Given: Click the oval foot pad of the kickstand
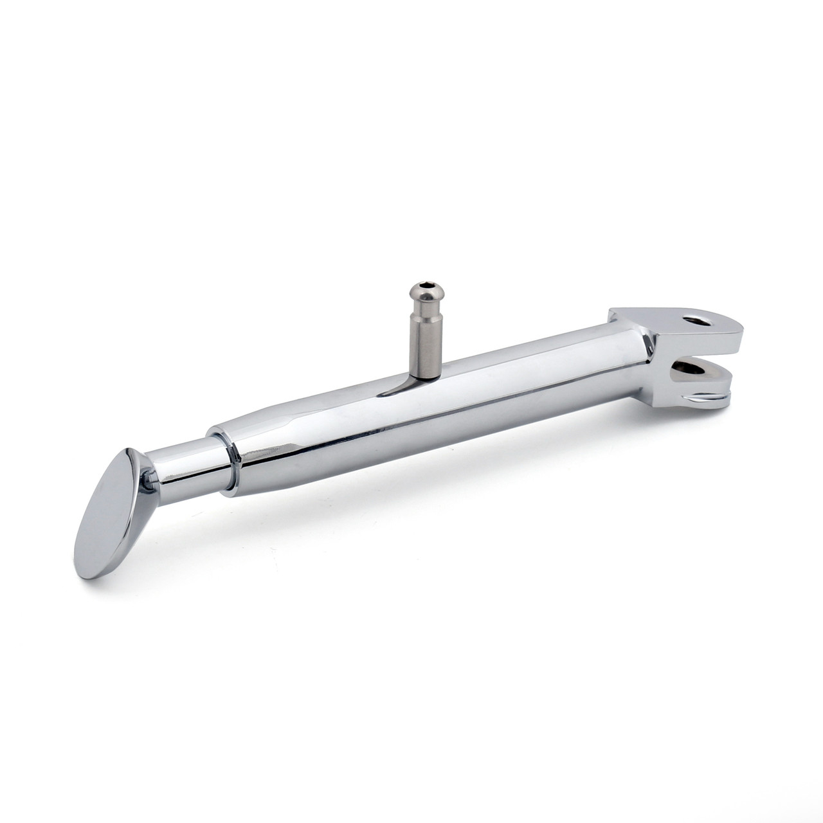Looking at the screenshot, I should (109, 514).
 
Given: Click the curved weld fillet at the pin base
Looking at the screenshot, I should (399, 386).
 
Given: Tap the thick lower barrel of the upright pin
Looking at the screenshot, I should (426, 347).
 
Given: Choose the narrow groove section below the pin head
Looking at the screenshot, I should (424, 310).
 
